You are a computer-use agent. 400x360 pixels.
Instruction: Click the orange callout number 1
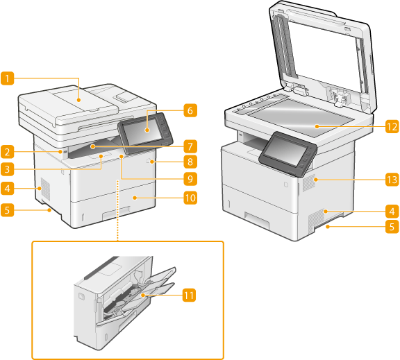click(7, 78)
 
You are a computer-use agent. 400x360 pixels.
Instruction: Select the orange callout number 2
click(7, 152)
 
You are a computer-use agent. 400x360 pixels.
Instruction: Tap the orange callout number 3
click(7, 169)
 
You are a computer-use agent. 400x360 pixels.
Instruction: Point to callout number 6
click(190, 110)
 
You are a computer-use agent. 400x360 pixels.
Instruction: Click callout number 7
click(190, 147)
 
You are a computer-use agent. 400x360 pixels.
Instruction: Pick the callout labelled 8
click(190, 162)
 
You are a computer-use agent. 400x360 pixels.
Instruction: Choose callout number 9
click(190, 179)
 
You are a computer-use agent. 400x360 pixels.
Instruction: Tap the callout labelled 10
click(190, 198)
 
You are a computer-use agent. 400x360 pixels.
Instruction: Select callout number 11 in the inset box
click(189, 295)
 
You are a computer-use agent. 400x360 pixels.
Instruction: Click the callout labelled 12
click(392, 127)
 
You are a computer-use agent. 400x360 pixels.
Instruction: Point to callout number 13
click(392, 180)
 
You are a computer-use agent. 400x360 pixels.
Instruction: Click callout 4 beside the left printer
click(7, 189)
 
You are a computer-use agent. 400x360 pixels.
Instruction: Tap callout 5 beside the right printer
click(392, 227)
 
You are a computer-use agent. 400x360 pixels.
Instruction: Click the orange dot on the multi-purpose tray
click(143, 295)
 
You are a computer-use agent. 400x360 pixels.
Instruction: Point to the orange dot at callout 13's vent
click(317, 180)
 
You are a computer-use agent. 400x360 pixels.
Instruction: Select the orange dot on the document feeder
click(79, 101)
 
